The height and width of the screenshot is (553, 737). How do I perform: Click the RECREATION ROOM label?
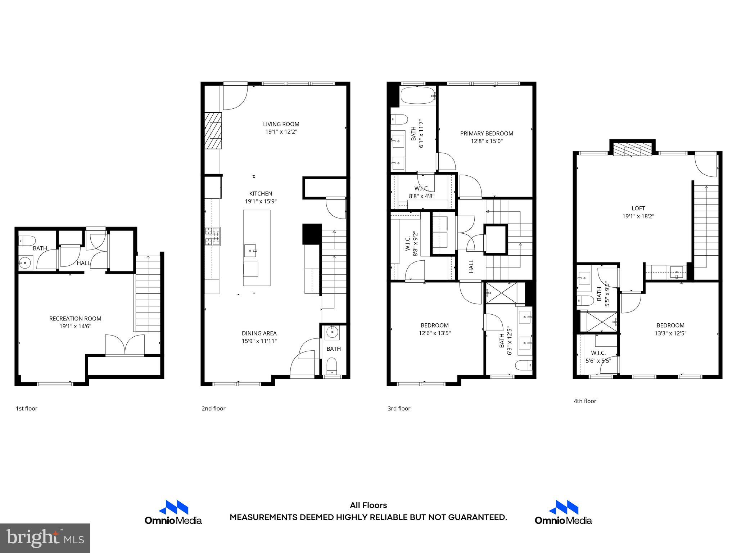pyautogui.click(x=75, y=318)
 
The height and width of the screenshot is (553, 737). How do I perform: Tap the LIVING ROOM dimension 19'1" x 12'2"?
pyautogui.click(x=281, y=132)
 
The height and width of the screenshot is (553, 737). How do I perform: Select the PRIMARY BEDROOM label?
pyautogui.click(x=487, y=133)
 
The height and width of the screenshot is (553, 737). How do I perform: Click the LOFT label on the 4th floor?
pyautogui.click(x=638, y=208)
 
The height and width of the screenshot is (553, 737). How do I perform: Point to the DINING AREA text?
pyautogui.click(x=259, y=333)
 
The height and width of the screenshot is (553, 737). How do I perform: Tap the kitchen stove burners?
pyautogui.click(x=212, y=237)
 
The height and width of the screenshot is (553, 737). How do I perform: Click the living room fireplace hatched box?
pyautogui.click(x=213, y=131)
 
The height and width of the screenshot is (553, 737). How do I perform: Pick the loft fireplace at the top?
pyautogui.click(x=632, y=150)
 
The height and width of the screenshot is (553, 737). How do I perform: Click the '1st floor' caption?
pyautogui.click(x=26, y=408)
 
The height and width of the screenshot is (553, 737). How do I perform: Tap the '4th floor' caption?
pyautogui.click(x=585, y=401)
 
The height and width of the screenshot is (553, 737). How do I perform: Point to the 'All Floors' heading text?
pyautogui.click(x=368, y=505)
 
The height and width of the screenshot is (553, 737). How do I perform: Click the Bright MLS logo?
pyautogui.click(x=45, y=538)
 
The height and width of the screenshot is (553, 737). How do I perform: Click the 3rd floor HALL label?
pyautogui.click(x=471, y=266)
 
